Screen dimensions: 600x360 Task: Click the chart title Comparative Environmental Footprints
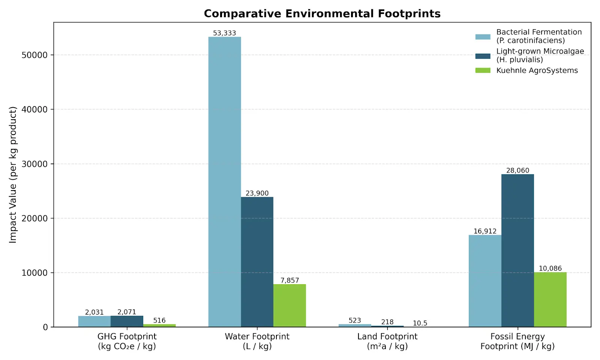coord(322,13)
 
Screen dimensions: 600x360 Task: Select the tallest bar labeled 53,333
coord(225,182)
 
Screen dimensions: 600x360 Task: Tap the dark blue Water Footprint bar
coord(257,262)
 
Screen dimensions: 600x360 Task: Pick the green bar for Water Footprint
coord(289,306)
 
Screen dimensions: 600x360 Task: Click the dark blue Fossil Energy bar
coord(517,251)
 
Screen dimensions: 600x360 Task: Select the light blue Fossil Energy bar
coord(485,281)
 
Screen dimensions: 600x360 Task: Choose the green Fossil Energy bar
coord(550,300)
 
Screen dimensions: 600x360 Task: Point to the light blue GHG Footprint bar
coord(94,321)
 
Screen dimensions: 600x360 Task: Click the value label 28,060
coord(517,170)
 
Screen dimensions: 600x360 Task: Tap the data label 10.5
coord(420,323)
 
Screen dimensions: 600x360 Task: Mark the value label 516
coord(159,320)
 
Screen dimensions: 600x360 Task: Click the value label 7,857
coord(289,280)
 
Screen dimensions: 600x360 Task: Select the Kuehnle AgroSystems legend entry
coord(526,70)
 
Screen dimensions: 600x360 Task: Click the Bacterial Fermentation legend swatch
coord(483,37)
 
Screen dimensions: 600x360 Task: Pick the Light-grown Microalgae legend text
coord(540,55)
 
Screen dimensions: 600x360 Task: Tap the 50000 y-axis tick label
coord(34,55)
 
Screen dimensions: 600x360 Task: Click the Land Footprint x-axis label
coord(387,341)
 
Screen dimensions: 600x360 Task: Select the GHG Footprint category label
coord(127,341)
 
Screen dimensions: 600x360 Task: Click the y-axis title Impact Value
coord(13,175)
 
